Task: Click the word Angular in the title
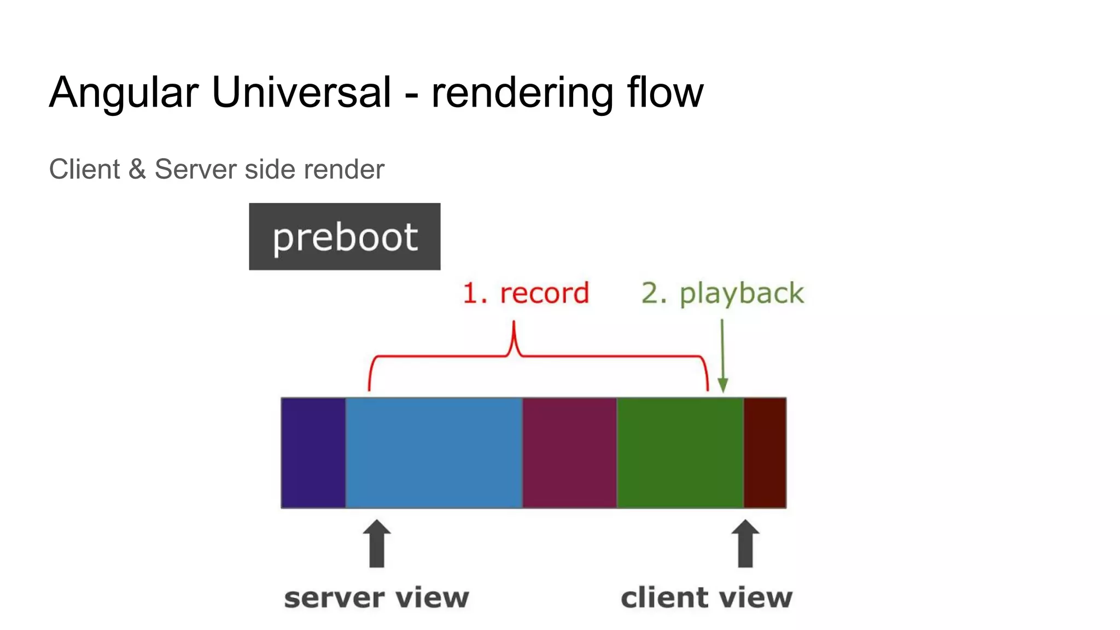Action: [x=124, y=93]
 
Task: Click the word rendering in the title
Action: [x=522, y=93]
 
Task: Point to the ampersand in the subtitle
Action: [x=137, y=169]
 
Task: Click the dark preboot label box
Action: [x=345, y=236]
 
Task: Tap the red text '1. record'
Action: [x=526, y=293]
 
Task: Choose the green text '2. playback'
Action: [x=722, y=293]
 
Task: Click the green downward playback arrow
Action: [x=722, y=361]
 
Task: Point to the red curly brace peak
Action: [x=514, y=336]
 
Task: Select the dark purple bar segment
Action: [x=313, y=453]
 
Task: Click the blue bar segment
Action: [x=434, y=453]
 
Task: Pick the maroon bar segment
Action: [x=569, y=453]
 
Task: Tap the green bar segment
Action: [x=680, y=453]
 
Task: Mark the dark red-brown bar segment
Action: [x=765, y=453]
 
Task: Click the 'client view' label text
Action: [x=706, y=597]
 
